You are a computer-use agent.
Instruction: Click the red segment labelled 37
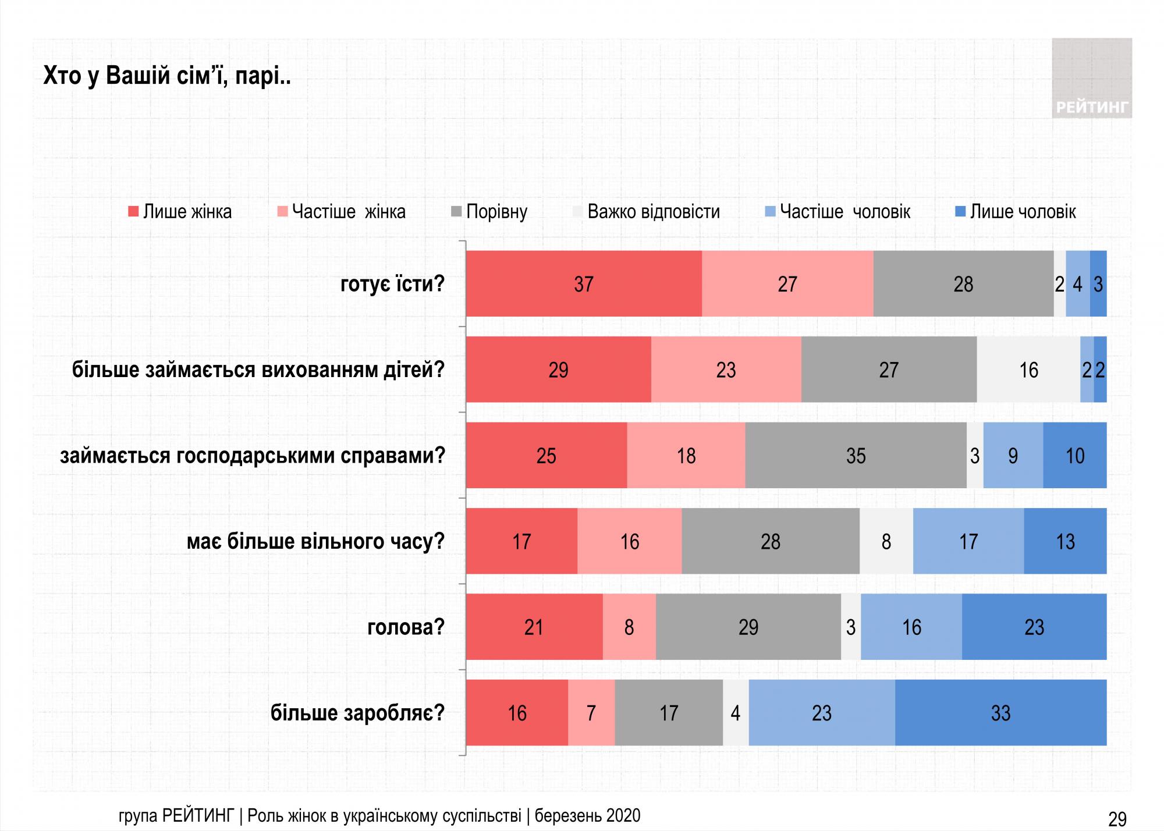584,284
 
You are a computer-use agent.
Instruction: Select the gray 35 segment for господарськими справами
856,456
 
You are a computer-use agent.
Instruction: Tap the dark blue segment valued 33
1000,713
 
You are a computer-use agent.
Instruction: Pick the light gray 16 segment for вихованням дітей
1028,370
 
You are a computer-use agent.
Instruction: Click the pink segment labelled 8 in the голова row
629,627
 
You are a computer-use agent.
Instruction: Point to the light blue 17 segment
968,542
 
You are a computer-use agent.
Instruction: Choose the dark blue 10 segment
1074,456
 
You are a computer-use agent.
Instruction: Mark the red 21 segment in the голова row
534,627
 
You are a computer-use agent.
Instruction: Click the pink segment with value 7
591,713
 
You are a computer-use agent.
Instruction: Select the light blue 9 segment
1013,456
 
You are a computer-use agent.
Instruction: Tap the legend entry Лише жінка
180,212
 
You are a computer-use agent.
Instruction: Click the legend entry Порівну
489,212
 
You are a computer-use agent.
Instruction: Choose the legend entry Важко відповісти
646,212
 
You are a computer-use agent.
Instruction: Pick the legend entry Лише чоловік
1016,212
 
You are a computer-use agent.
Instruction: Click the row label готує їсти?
392,285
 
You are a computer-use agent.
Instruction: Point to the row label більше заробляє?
357,713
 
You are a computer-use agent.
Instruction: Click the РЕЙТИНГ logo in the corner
1092,79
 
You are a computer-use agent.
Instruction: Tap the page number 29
1117,819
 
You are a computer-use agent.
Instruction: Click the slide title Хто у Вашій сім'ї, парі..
167,77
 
